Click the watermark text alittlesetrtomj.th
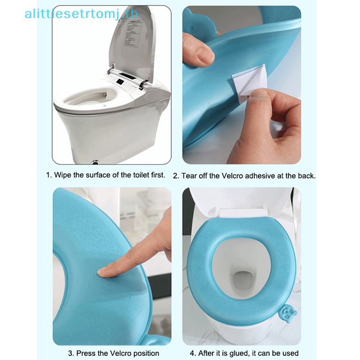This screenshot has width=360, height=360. point(81,14)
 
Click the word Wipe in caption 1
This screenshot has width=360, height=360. point(63,175)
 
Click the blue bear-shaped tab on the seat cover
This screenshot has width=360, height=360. point(288,313)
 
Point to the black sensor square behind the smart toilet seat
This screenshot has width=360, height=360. point(120,81)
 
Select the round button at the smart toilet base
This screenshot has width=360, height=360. point(95,162)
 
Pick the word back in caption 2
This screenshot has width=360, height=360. point(307,176)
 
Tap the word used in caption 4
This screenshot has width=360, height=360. point(291,353)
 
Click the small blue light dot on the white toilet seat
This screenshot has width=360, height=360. point(105,106)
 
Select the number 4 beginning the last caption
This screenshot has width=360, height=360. point(192,353)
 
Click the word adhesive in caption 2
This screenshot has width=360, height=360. point(260,176)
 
